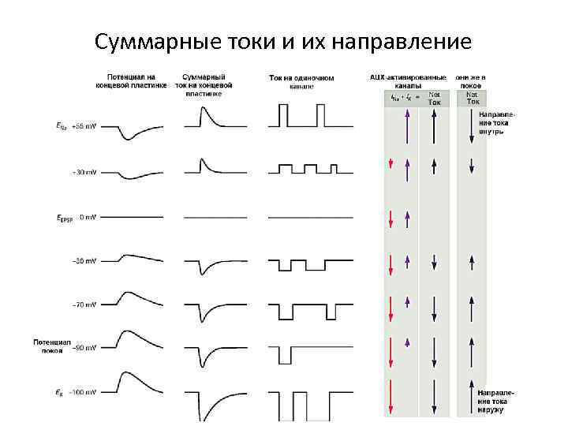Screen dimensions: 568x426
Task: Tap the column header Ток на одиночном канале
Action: tap(301, 82)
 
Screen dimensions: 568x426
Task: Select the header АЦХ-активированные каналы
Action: tap(408, 81)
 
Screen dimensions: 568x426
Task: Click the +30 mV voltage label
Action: tap(84, 171)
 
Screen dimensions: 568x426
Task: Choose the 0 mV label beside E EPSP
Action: tap(87, 216)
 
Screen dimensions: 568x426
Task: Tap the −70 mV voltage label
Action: tap(84, 304)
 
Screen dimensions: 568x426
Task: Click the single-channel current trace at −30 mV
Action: tap(301, 262)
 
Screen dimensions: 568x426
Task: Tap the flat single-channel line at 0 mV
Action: tap(301, 216)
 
